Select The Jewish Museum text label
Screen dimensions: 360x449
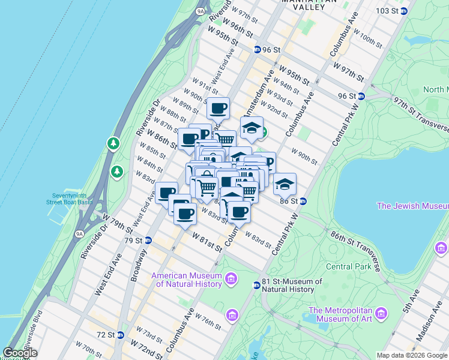[412, 206]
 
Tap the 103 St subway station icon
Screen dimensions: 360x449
[404, 11]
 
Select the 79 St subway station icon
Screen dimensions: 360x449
[149, 241]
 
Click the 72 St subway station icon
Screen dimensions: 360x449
[120, 335]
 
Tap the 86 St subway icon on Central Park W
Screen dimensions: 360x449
[304, 201]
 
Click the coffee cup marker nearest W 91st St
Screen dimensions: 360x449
[218, 109]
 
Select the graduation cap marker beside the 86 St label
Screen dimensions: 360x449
[285, 184]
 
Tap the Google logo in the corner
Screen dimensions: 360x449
[20, 353]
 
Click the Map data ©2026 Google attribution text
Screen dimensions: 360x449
[412, 355]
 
